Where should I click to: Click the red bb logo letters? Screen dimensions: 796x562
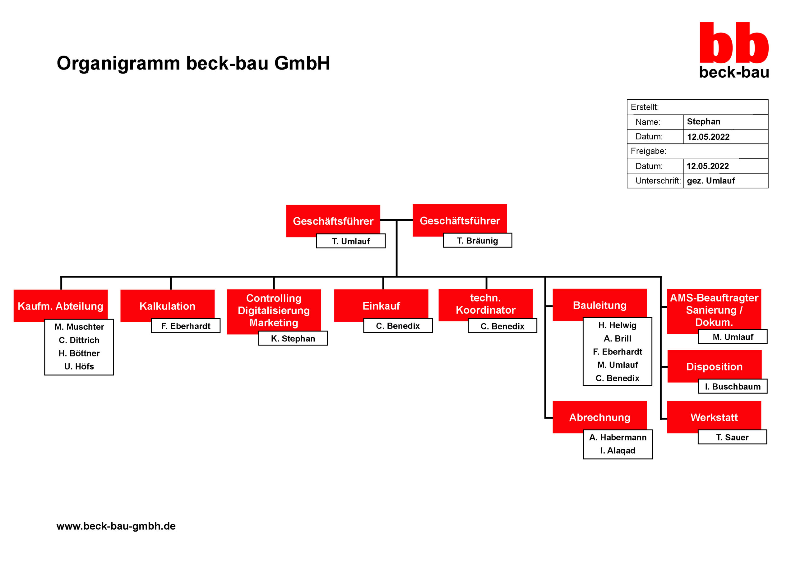coord(734,43)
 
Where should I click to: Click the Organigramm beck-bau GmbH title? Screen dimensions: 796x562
coord(193,63)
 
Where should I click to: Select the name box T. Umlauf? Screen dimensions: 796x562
coord(350,241)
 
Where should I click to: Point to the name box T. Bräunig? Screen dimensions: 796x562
coord(477,240)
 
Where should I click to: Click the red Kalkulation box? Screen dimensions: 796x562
coord(168,306)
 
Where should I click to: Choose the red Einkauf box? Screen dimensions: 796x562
coord(381,306)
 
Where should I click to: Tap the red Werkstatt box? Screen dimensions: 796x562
coord(714,417)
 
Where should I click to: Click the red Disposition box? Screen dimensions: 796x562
coord(714,366)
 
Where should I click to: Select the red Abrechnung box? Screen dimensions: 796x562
coord(599,417)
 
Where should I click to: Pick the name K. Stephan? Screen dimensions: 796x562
coord(293,338)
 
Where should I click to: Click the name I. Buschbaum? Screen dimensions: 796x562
coord(733,387)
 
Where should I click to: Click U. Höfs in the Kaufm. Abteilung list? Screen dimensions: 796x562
coord(79,366)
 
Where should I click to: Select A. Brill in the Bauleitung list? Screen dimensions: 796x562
coord(617,338)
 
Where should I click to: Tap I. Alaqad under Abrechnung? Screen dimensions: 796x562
coord(618,451)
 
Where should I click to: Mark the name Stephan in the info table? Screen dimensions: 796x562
coord(703,121)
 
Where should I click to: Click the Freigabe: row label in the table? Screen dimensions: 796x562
coord(648,151)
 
